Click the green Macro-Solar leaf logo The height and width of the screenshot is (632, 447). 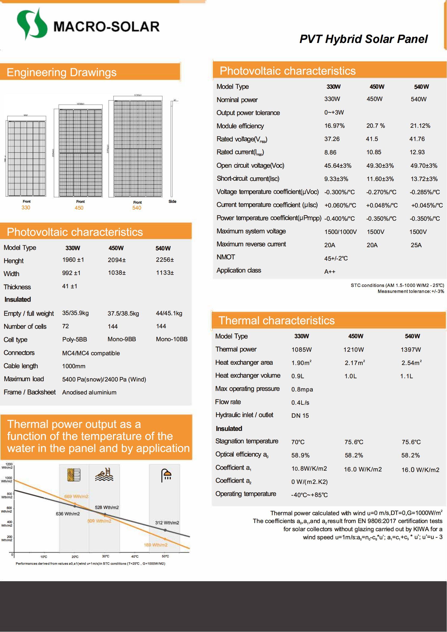click(31, 25)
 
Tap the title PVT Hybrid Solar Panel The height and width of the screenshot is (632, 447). click(363, 39)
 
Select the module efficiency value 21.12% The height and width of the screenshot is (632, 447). click(420, 126)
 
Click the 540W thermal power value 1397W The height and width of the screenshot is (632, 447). click(411, 350)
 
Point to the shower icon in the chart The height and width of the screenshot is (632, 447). click(166, 475)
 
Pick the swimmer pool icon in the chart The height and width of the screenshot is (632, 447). click(104, 475)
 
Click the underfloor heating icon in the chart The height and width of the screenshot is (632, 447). click(74, 475)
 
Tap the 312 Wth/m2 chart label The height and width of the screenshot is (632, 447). click(167, 523)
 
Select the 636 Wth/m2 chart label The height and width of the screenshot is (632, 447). click(68, 514)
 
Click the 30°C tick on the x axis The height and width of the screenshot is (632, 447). click(105, 556)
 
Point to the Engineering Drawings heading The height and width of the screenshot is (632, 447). click(61, 72)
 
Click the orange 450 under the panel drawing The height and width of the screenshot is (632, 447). click(79, 208)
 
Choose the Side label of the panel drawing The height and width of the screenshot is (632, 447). click(172, 202)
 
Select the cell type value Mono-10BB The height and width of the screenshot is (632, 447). click(172, 339)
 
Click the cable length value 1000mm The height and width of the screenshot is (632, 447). click(74, 366)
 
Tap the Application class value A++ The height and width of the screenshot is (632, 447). click(329, 272)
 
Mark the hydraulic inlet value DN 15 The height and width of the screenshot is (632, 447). click(300, 416)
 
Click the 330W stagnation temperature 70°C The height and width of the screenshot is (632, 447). click(298, 442)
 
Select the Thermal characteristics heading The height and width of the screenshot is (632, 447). click(276, 321)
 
